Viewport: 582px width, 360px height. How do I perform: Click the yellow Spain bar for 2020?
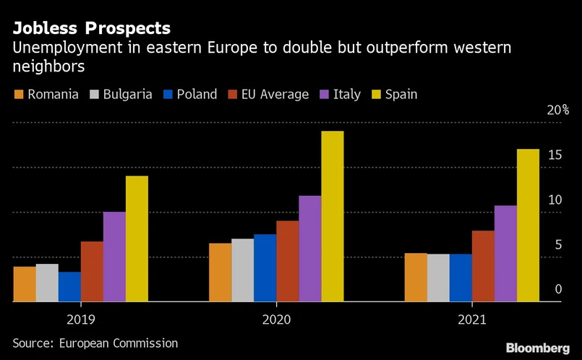332,216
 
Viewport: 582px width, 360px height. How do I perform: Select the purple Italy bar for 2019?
114,257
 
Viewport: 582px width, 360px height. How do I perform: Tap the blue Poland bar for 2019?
69,286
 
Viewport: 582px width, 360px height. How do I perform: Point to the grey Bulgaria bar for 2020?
242,270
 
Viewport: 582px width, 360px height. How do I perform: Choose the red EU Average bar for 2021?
483,265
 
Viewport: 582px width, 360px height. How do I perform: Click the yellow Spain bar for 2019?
137,239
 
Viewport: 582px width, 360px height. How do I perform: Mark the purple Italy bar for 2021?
505,253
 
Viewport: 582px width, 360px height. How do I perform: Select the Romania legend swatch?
19,95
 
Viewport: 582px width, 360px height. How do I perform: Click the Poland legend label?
197,94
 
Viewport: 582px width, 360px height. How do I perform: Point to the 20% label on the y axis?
557,111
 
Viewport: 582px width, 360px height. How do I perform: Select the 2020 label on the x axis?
276,319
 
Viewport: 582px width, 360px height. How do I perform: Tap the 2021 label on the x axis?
472,319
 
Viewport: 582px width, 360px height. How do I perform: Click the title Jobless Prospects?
91,29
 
